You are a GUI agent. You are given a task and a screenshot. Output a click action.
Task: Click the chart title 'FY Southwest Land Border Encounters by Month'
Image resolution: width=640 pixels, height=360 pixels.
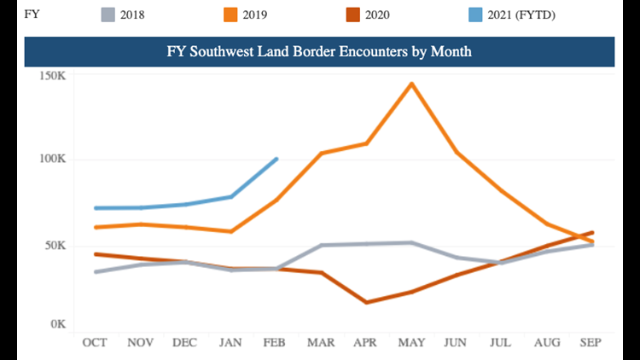coord(318,51)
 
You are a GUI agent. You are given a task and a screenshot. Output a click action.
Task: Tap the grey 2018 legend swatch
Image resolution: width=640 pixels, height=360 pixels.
coord(107,14)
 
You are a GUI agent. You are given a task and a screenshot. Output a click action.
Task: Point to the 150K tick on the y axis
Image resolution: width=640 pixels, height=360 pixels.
coord(53,76)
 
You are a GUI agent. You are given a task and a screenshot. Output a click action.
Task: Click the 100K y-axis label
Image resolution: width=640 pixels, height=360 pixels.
coord(53,160)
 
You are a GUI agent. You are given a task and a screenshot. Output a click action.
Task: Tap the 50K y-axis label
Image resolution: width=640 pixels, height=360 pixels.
coord(55,245)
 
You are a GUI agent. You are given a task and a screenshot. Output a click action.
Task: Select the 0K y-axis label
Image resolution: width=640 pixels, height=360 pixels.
coord(58,325)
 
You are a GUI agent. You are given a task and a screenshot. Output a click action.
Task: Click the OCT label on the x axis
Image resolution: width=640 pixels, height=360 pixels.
coord(95,342)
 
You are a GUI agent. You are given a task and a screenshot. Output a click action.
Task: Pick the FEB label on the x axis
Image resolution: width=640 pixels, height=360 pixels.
coord(276,342)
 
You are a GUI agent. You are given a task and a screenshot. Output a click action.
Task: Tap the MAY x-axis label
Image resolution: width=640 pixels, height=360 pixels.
coord(412,342)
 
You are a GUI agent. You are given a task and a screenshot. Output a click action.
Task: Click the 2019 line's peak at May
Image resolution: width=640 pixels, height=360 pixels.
coord(412,84)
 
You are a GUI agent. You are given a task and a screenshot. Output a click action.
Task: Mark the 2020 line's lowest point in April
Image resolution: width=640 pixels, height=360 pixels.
coord(367,302)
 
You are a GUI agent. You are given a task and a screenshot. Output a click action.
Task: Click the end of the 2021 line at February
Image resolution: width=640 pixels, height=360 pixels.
coord(276,159)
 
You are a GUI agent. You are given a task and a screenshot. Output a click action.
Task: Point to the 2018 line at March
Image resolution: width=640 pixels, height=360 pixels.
coord(322,246)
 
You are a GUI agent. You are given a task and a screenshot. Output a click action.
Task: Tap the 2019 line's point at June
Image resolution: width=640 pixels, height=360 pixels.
coord(457,152)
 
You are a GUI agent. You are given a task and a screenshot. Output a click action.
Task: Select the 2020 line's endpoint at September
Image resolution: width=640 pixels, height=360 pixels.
coord(592,232)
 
